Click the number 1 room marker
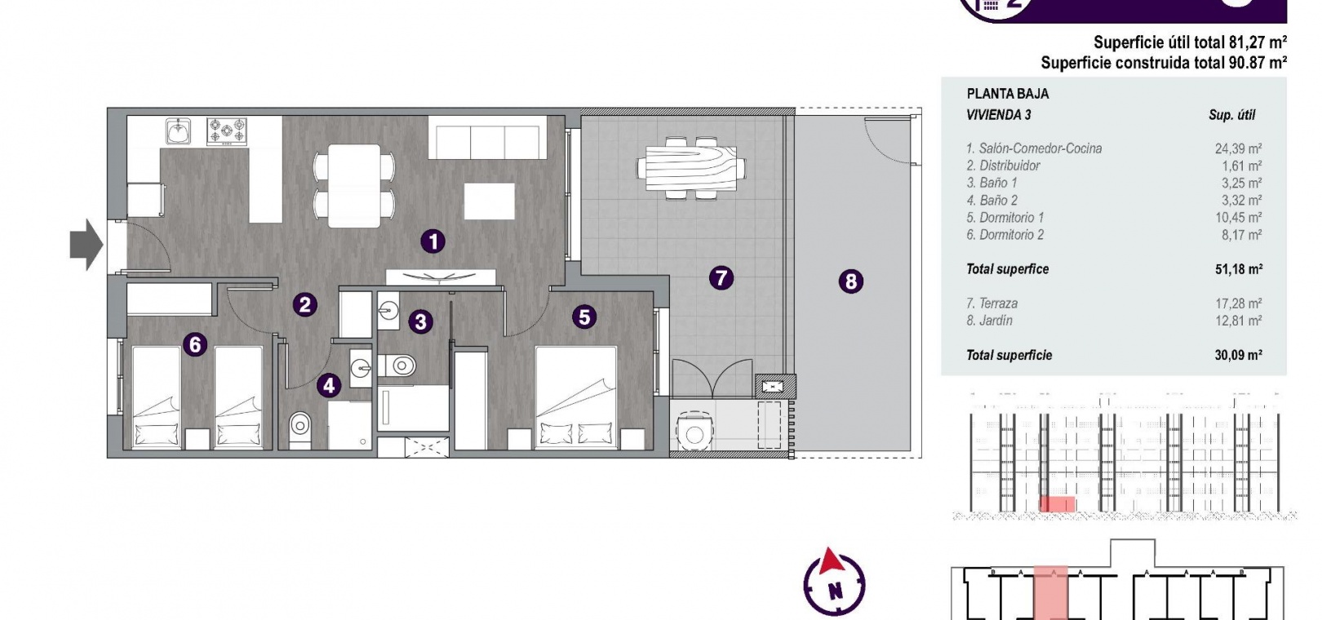pyautogui.click(x=433, y=241)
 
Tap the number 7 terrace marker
pyautogui.click(x=721, y=278)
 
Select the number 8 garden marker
pyautogui.click(x=850, y=281)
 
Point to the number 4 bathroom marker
pyautogui.click(x=329, y=386)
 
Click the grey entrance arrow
pyautogui.click(x=87, y=244)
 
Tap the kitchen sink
pyautogui.click(x=178, y=131)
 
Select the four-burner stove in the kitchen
pyautogui.click(x=227, y=131)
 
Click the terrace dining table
pyautogui.click(x=691, y=168)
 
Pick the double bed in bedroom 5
pyautogui.click(x=575, y=397)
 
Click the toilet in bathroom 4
pyautogui.click(x=299, y=429)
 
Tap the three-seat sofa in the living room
pyautogui.click(x=487, y=137)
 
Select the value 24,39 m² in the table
pyautogui.click(x=1238, y=148)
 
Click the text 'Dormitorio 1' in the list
pyautogui.click(x=1012, y=218)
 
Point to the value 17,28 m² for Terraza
pyautogui.click(x=1238, y=303)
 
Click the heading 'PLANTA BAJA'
pyautogui.click(x=1008, y=94)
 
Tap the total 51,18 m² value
pyautogui.click(x=1238, y=269)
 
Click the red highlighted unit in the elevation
pyautogui.click(x=1057, y=504)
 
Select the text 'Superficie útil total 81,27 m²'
pyautogui.click(x=1190, y=42)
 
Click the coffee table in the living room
pyautogui.click(x=490, y=201)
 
